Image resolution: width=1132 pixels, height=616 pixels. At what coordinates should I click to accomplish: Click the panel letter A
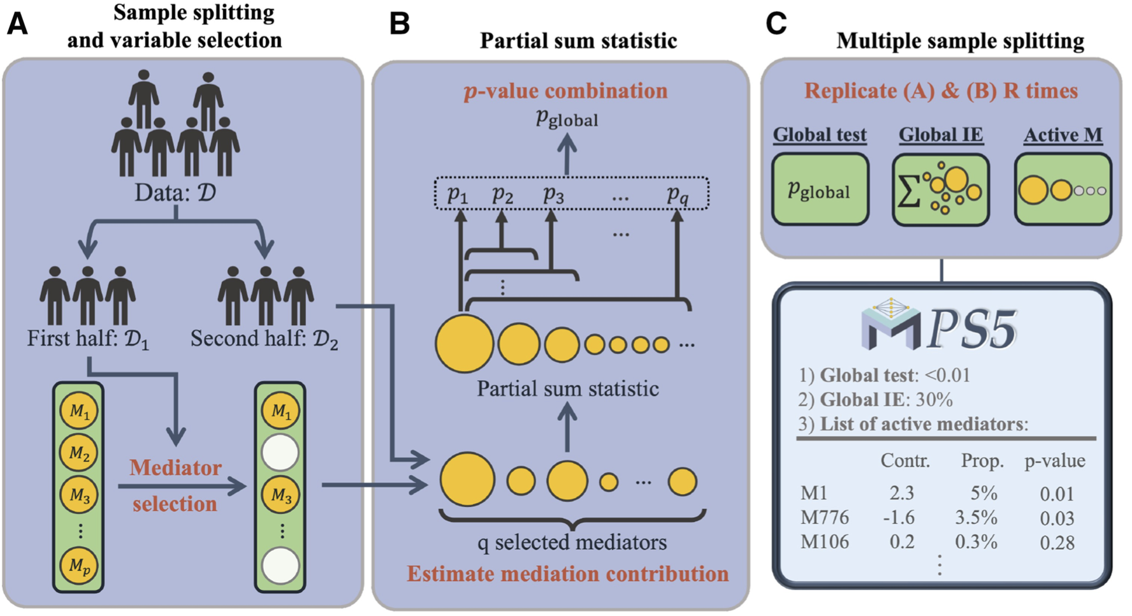tap(17, 24)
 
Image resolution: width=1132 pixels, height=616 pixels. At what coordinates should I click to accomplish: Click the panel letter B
tap(399, 24)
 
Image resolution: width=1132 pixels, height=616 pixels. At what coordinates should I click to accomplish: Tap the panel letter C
tap(776, 24)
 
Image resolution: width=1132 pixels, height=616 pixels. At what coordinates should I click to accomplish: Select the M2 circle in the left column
tap(78, 453)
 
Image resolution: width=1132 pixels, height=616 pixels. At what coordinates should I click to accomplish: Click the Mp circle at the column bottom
tap(78, 565)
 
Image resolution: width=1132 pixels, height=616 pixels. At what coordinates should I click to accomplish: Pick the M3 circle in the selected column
tap(280, 495)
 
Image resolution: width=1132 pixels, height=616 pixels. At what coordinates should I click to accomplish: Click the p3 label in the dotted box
tap(553, 194)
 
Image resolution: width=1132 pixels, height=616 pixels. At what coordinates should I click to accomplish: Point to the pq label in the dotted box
tap(678, 194)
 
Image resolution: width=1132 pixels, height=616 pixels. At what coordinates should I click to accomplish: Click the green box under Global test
tap(820, 189)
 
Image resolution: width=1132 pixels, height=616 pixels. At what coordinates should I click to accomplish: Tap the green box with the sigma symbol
tap(940, 189)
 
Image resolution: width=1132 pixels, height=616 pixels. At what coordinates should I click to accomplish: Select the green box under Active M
tap(1063, 189)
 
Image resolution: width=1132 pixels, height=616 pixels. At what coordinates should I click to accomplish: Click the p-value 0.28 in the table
tap(1057, 543)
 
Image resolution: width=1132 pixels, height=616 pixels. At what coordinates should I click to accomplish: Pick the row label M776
tap(824, 517)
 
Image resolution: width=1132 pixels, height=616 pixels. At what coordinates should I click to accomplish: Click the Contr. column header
tap(904, 461)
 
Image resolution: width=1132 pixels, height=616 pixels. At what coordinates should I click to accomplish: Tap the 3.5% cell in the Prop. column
tap(976, 517)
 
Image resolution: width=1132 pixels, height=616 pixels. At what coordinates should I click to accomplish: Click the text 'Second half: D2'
tap(264, 339)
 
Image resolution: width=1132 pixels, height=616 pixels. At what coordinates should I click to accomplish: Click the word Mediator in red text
tap(175, 467)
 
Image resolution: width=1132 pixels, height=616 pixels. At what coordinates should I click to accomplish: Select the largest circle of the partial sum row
tap(464, 344)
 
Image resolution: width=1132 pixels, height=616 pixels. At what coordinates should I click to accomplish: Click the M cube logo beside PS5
tap(890, 325)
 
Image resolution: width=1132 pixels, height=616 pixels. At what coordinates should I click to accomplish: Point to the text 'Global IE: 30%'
tap(885, 400)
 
